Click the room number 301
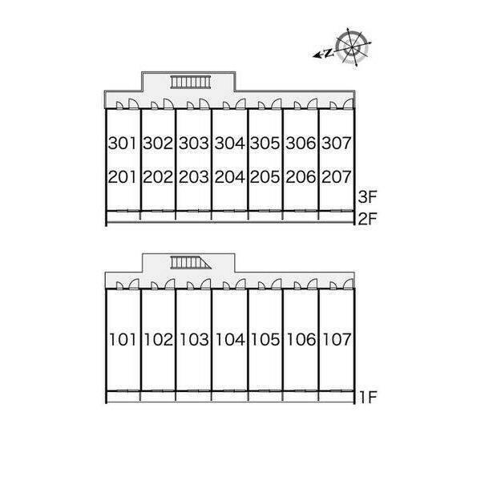pyautogui.click(x=122, y=143)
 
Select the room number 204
pyautogui.click(x=230, y=177)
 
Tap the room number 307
pyautogui.click(x=337, y=143)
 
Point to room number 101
pyautogui.click(x=123, y=340)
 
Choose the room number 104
pyautogui.click(x=230, y=340)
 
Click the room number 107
pyautogui.click(x=338, y=340)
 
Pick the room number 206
pyautogui.click(x=301, y=177)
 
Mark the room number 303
pyautogui.click(x=194, y=143)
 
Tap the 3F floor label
pyautogui.click(x=367, y=197)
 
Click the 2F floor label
pyautogui.click(x=367, y=219)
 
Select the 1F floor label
pyautogui.click(x=368, y=398)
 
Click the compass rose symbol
pyautogui.click(x=353, y=46)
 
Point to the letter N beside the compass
pyautogui.click(x=329, y=53)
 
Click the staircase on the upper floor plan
pyautogui.click(x=191, y=82)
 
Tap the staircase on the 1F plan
pyautogui.click(x=191, y=263)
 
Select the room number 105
pyautogui.click(x=265, y=340)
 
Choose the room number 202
pyautogui.click(x=158, y=177)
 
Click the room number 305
pyautogui.click(x=265, y=143)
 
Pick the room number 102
pyautogui.click(x=159, y=340)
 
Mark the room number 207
pyautogui.click(x=337, y=177)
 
